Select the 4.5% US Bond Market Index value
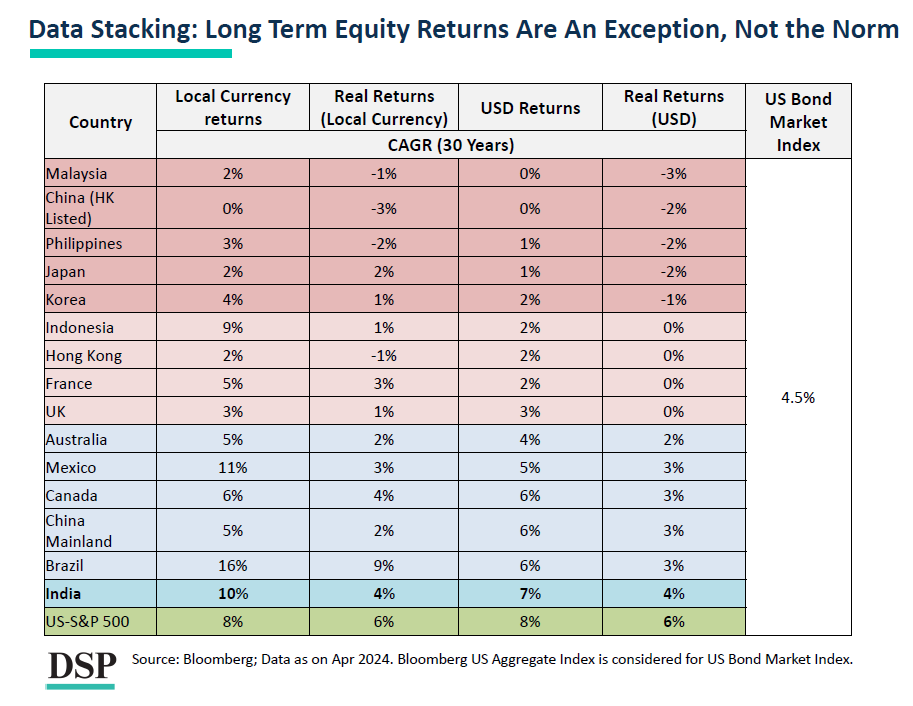pos(797,397)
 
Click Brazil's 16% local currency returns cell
pos(233,565)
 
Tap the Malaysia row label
pos(76,174)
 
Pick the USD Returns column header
pos(530,108)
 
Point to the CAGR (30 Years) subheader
pos(451,145)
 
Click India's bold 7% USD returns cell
pos(530,593)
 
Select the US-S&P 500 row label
pos(87,621)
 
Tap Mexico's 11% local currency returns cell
pos(233,467)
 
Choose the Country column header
pos(100,122)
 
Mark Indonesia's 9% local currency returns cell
pos(233,327)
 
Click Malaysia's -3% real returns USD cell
pos(673,174)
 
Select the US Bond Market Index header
pos(797,122)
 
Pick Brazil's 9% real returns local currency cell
pos(384,565)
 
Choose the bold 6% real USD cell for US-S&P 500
pos(673,621)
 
